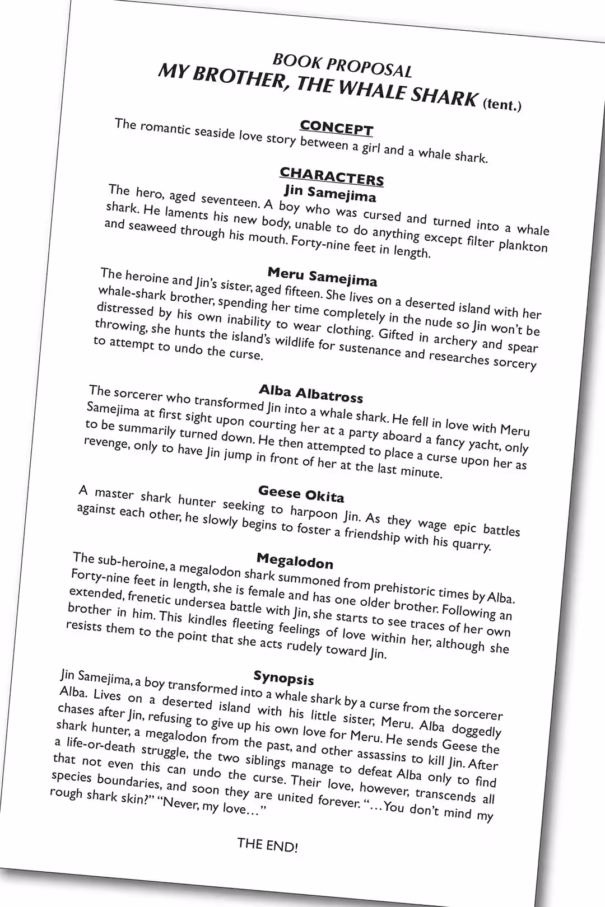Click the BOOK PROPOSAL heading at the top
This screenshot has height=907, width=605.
click(x=342, y=66)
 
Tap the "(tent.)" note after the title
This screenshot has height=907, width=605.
click(x=502, y=104)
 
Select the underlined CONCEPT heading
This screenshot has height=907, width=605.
click(x=336, y=128)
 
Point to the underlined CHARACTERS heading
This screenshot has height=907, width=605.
click(x=332, y=176)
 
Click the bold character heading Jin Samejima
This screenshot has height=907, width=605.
click(x=330, y=193)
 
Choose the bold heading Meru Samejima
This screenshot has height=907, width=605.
click(x=322, y=276)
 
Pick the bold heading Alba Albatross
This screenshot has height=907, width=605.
click(x=311, y=393)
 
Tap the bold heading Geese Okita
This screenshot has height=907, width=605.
click(x=301, y=494)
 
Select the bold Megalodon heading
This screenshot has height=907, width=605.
click(x=295, y=560)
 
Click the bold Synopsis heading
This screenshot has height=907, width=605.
click(x=283, y=677)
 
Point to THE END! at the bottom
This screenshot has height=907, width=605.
click(x=267, y=844)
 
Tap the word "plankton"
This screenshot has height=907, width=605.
click(x=522, y=246)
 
